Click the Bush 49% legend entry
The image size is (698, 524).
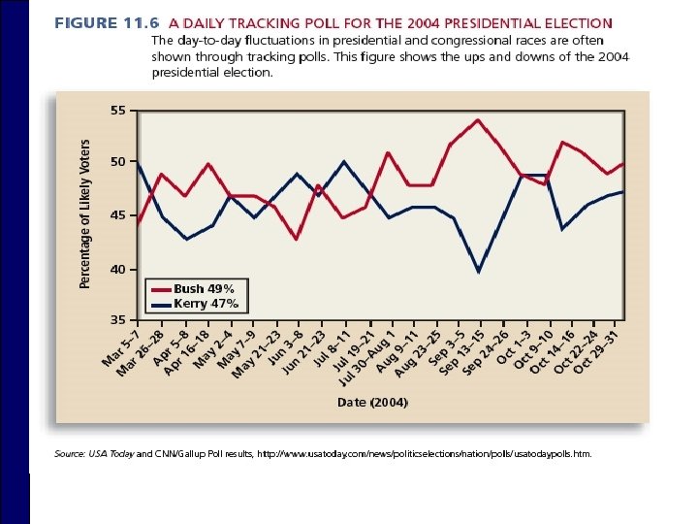coord(193,289)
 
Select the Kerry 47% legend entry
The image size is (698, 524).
coord(195,305)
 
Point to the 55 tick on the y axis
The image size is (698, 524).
coord(118,111)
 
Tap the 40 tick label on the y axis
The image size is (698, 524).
coord(118,270)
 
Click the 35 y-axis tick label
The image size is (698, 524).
coord(118,320)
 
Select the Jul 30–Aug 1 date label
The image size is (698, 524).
coord(365,358)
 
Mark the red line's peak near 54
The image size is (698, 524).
coord(478,120)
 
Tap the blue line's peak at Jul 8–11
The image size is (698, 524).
coord(343,162)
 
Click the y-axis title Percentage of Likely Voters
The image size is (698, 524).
coord(84,213)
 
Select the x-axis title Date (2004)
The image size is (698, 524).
coord(372,403)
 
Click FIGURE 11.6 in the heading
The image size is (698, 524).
coord(107,22)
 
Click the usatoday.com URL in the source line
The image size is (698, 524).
coord(425,454)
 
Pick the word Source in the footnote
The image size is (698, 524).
coord(70,454)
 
